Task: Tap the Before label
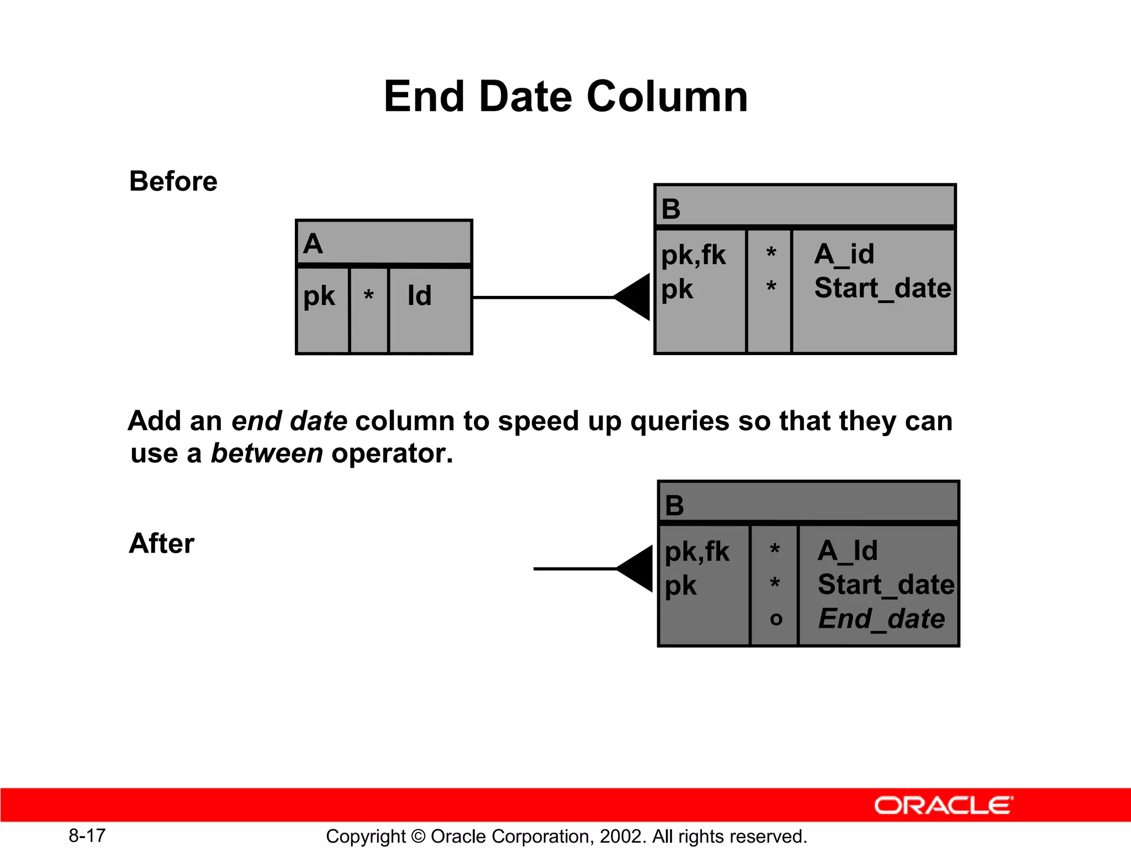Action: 173,181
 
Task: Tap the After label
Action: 161,543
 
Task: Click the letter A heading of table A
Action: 313,243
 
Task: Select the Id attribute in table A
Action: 419,295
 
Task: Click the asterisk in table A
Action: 368,296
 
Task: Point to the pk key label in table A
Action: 319,296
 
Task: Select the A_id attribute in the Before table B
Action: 844,255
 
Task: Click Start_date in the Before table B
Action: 882,288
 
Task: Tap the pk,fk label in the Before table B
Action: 693,255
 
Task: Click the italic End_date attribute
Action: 881,618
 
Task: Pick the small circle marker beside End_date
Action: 775,619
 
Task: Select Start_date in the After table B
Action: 885,585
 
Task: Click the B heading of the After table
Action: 674,505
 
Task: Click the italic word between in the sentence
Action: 267,453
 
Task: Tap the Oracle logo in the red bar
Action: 943,805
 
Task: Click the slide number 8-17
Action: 87,835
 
